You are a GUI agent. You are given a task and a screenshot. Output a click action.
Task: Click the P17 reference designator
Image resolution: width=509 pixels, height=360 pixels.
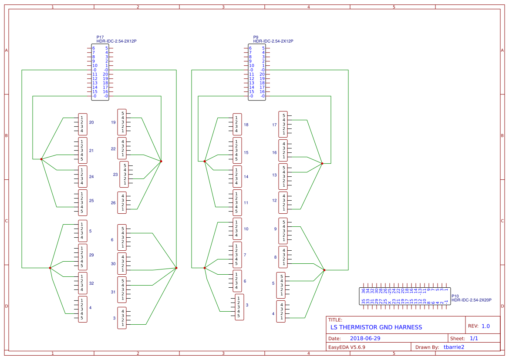100,37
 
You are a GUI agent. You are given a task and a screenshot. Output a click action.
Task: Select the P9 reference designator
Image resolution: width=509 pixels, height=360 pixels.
256,37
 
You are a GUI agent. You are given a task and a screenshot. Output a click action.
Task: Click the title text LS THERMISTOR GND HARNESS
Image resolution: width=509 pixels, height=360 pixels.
376,327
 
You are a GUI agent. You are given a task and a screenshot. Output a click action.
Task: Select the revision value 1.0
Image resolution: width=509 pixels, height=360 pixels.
485,326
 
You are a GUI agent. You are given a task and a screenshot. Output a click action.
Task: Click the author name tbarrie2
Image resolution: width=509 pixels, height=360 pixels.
454,347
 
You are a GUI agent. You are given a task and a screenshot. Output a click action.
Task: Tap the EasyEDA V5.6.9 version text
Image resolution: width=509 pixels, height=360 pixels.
347,347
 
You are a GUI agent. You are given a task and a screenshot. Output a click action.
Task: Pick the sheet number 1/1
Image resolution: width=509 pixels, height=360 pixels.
474,338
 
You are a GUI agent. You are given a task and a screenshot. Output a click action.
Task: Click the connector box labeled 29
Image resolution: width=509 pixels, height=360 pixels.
83,257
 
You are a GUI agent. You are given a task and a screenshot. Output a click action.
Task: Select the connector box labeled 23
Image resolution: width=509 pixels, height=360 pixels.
124,174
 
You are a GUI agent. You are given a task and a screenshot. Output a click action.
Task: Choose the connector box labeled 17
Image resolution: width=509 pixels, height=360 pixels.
283,124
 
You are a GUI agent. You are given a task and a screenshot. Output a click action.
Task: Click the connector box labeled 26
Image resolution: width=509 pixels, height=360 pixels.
122,202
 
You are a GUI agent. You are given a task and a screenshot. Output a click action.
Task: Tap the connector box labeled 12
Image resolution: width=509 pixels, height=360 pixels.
283,202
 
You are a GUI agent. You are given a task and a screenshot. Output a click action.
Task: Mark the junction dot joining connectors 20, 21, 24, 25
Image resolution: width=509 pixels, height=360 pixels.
41,159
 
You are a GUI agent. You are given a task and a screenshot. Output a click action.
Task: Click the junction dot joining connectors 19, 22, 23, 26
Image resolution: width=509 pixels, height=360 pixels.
161,161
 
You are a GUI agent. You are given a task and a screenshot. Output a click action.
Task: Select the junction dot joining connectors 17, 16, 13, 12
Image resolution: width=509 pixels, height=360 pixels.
322,164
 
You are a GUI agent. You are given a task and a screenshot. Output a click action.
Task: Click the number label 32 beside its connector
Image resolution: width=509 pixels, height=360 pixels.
91,283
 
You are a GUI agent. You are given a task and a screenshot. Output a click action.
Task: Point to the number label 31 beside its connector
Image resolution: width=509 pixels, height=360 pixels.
113,292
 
